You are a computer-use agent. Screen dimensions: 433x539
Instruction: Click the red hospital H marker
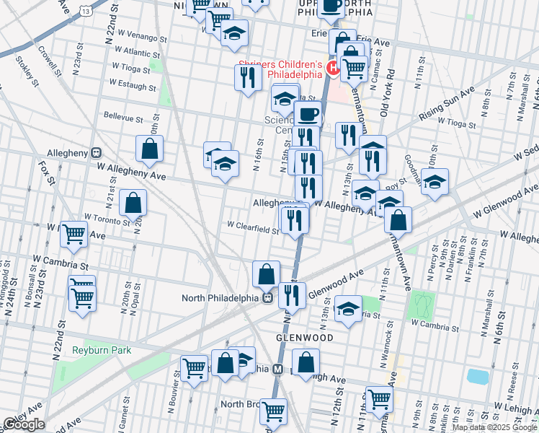pos(334,68)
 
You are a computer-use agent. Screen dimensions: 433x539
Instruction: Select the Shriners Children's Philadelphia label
pos(281,68)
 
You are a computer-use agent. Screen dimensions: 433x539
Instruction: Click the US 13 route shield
pos(86,12)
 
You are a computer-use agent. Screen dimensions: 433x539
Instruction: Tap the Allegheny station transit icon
pos(95,153)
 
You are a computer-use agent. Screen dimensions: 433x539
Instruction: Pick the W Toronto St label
pos(107,216)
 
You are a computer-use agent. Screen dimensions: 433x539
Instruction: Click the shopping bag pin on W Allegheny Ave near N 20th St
pos(149,149)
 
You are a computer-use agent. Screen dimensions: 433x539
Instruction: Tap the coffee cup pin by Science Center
pos(308,113)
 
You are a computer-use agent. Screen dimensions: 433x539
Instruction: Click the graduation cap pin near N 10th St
pos(435,181)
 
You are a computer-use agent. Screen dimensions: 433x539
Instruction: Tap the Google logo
pos(24,424)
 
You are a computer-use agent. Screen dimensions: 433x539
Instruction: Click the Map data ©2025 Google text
pos(494,427)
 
